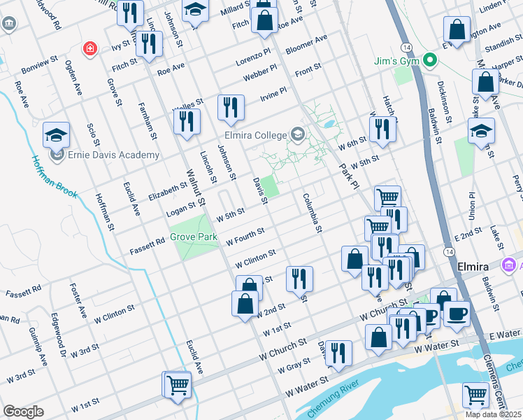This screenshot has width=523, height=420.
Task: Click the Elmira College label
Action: click(255, 135)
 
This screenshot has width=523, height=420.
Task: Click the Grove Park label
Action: click(194, 237)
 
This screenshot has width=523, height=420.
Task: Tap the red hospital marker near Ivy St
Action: click(89, 48)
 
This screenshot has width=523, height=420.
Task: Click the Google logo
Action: click(23, 412)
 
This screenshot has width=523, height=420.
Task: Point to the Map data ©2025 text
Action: click(493, 414)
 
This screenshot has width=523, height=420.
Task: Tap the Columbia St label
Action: click(312, 213)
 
